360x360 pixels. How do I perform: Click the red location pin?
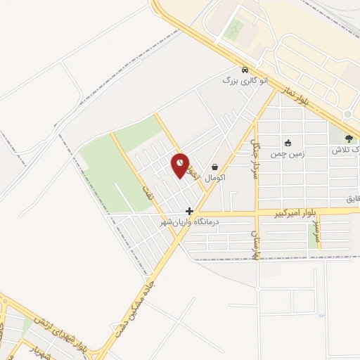click(181, 165)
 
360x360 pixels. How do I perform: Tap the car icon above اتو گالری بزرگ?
click(244, 70)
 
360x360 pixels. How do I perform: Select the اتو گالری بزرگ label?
click(245, 82)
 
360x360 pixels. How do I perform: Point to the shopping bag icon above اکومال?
click(214, 167)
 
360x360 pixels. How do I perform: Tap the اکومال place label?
click(214, 179)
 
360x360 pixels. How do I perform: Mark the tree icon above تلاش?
click(349, 139)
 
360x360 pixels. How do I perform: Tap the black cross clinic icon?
click(189, 211)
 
